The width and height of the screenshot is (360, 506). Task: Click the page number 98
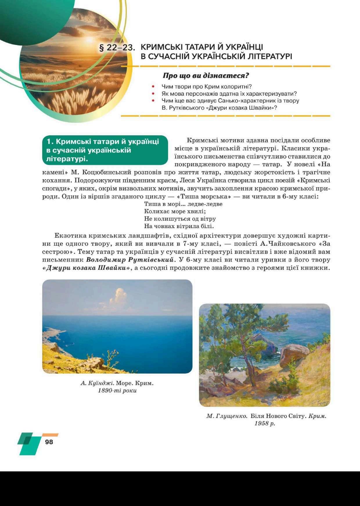(x=49, y=442)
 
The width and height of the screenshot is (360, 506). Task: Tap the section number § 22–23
(x=117, y=47)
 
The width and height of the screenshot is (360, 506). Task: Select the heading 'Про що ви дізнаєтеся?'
(x=206, y=76)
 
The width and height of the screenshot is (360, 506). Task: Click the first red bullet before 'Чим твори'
(x=153, y=87)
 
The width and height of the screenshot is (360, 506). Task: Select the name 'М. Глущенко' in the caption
(x=226, y=416)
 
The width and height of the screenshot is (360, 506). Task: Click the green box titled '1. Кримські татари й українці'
(x=105, y=150)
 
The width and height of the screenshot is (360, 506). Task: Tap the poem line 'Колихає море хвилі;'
(x=175, y=211)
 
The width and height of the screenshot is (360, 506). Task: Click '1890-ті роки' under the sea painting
(x=117, y=390)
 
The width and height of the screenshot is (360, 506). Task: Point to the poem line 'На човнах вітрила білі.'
(x=179, y=226)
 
